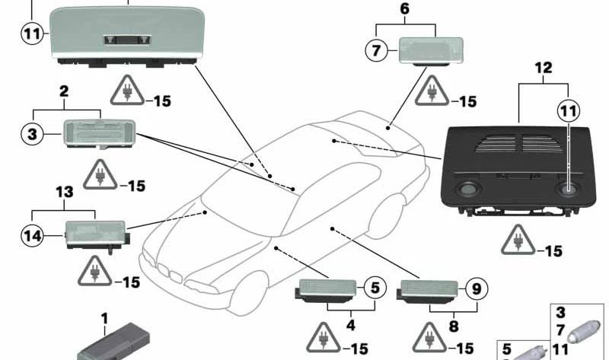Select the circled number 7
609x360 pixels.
pyautogui.click(x=375, y=51)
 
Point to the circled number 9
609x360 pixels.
pyautogui.click(x=475, y=288)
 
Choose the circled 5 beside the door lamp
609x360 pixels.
pyautogui.click(x=374, y=288)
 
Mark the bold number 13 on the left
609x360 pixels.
pyautogui.click(x=64, y=193)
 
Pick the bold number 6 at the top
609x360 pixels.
pyautogui.click(x=403, y=9)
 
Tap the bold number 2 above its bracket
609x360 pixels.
pyautogui.click(x=64, y=92)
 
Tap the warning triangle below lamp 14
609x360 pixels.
pyautogui.click(x=96, y=271)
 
